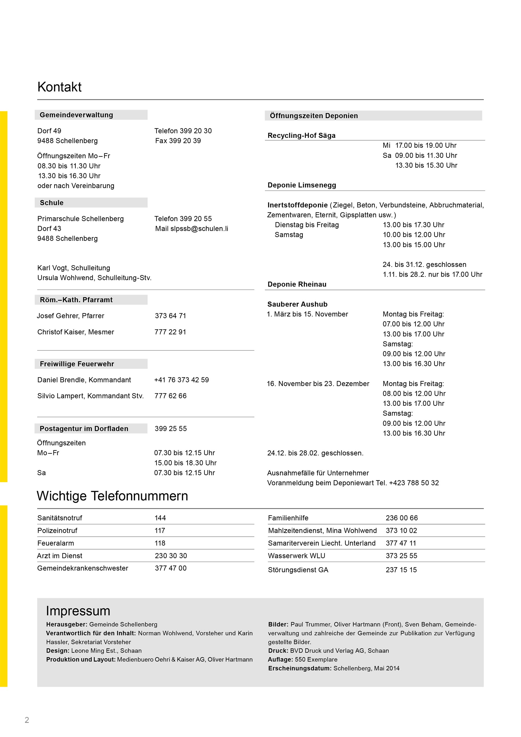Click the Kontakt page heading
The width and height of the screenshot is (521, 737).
[59, 87]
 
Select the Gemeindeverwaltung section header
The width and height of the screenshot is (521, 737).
[76, 115]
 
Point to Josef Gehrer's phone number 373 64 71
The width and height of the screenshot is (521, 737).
[170, 316]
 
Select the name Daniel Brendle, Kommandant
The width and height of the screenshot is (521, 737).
[84, 380]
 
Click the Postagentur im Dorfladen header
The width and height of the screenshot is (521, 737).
[84, 429]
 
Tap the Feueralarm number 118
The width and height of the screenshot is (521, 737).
[160, 543]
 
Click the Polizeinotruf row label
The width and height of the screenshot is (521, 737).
[57, 531]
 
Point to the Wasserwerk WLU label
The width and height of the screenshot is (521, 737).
[296, 556]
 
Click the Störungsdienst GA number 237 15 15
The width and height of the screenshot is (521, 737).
[401, 570]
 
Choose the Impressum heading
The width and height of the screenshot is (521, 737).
[78, 611]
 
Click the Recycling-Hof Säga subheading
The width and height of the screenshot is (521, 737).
[301, 135]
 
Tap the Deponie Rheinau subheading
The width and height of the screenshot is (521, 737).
[297, 284]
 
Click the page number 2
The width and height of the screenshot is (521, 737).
[27, 720]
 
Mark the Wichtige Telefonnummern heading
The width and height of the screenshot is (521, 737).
[112, 496]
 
